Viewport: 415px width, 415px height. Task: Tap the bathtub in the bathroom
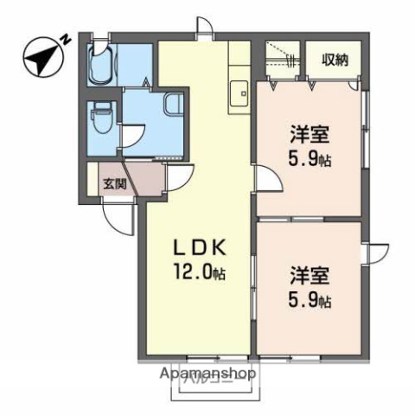point(105,62)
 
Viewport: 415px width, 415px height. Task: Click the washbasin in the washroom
point(171,105)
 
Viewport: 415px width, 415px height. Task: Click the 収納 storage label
point(336,60)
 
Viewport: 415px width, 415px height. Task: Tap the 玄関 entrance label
point(114,183)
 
